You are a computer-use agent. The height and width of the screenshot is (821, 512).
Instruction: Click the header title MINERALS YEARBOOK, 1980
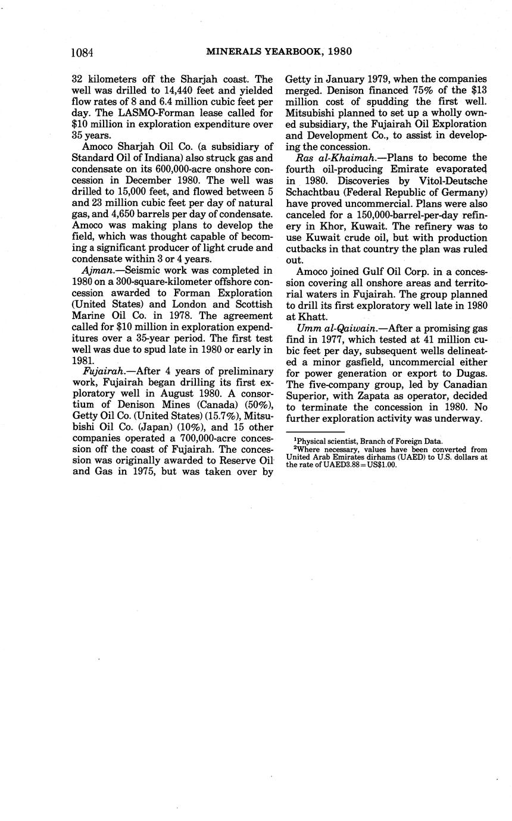coord(279,52)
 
